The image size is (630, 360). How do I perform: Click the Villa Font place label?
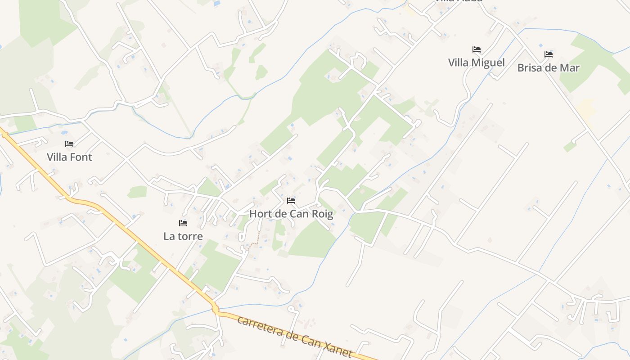[69, 157]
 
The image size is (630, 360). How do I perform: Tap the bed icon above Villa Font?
[69, 144]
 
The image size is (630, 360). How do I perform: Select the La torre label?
[183, 236]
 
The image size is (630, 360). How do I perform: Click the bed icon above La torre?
[183, 223]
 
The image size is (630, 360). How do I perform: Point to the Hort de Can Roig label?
[291, 214]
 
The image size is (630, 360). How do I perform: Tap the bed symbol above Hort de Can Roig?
[291, 201]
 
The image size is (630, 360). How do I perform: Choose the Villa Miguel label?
[477, 63]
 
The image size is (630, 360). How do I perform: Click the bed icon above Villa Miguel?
[477, 49]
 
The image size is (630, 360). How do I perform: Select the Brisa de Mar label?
[548, 68]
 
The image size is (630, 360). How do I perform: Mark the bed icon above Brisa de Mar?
[548, 54]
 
